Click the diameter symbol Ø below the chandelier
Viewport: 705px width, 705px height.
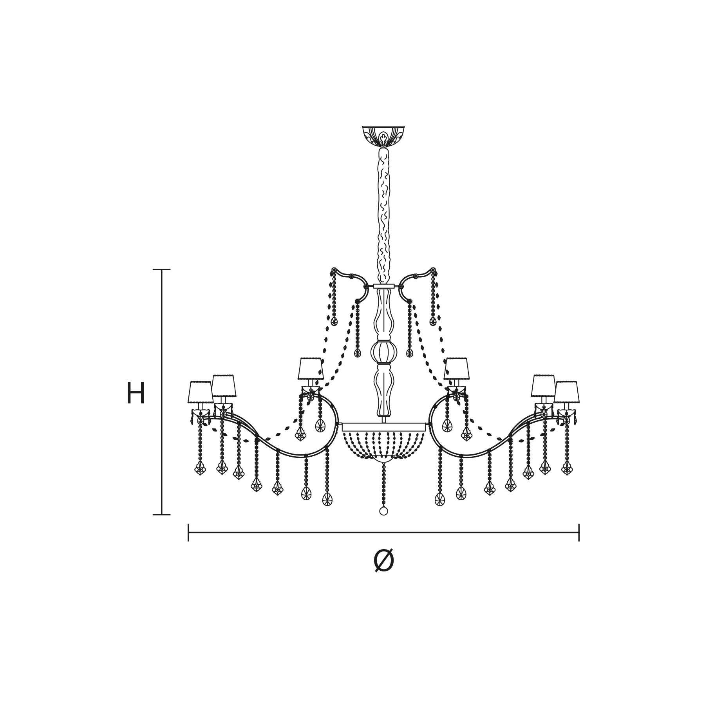click(x=383, y=560)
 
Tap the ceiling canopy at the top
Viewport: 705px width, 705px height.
click(x=383, y=136)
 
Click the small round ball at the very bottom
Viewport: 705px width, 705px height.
click(x=383, y=511)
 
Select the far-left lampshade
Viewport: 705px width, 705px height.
click(x=200, y=392)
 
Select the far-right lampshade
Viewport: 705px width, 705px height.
click(x=566, y=392)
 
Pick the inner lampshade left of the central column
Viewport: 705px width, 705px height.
click(x=311, y=369)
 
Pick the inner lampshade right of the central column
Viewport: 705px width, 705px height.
click(x=456, y=369)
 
